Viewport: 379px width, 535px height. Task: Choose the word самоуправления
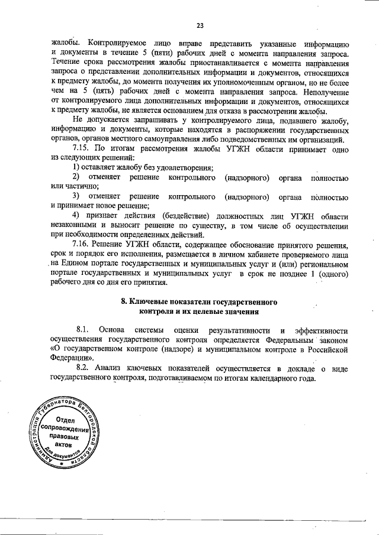click(162, 139)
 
